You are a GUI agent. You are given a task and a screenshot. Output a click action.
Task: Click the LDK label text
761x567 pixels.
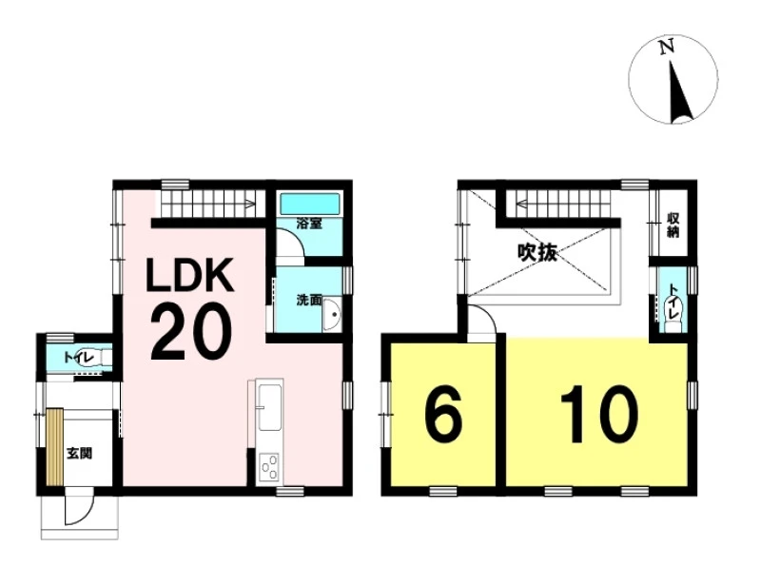tap(191, 274)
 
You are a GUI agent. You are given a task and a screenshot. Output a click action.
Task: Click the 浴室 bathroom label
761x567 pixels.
tap(309, 224)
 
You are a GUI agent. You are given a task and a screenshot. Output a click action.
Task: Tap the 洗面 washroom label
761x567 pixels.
tap(309, 300)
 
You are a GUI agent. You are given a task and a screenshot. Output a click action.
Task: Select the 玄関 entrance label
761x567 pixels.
tap(79, 454)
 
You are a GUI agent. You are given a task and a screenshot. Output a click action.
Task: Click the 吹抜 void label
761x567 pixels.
tap(537, 252)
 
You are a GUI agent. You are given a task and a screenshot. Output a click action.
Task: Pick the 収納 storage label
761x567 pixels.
tap(673, 225)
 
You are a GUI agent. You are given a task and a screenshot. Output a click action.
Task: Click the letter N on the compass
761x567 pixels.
tap(667, 47)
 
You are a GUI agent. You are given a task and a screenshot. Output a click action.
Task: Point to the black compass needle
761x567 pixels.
tap(679, 91)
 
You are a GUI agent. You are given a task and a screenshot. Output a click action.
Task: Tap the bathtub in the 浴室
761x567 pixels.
tap(310, 204)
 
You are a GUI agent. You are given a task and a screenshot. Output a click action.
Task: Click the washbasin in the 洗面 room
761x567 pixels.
tap(332, 314)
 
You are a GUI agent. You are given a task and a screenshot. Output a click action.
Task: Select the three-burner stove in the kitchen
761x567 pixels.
tap(269, 467)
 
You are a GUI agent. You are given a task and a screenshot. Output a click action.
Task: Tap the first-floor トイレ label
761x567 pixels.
tap(79, 359)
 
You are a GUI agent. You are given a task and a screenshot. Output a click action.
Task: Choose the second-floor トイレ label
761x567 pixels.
tap(673, 302)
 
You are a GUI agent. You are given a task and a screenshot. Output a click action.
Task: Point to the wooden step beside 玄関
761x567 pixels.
tap(55, 447)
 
